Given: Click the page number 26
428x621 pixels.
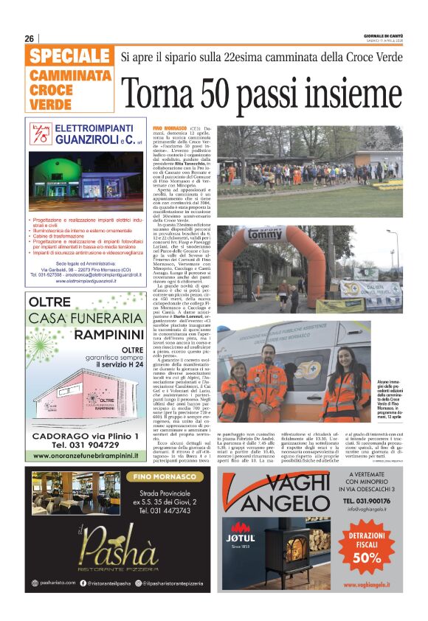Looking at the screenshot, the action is [29, 38].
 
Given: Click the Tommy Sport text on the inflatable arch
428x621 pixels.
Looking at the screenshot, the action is [266, 235].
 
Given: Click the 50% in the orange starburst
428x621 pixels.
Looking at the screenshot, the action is [372, 558].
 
